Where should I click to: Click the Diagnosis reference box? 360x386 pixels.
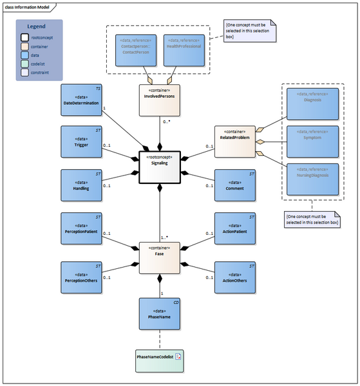(x=314, y=104)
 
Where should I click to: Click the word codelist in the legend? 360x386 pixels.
(x=40, y=64)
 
